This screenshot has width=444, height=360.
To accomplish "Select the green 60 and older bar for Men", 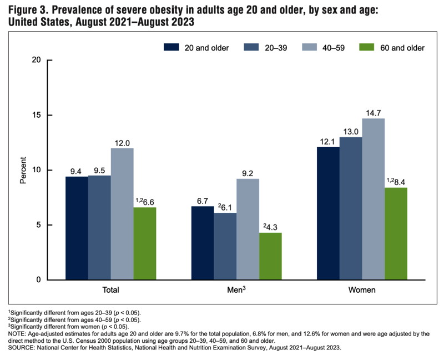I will pos(270,256).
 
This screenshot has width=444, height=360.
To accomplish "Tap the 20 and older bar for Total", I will pos(77,228).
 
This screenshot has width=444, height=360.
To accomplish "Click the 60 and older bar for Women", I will pos(396,233).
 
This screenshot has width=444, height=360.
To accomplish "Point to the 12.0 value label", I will pos(122,142).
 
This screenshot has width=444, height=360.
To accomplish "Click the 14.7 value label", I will pos(374,113).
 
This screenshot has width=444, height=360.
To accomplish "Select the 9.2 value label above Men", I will pos(248,173).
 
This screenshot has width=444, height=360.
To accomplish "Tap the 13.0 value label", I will pos(351,131).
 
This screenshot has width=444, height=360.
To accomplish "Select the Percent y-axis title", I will pos(23,170).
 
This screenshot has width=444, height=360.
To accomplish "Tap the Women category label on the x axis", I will pos(361,291).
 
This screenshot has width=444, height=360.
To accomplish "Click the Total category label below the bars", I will pos(110,291).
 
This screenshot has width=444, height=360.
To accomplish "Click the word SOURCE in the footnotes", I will pos(21,348).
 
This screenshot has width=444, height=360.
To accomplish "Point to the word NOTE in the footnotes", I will pos(17,333).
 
